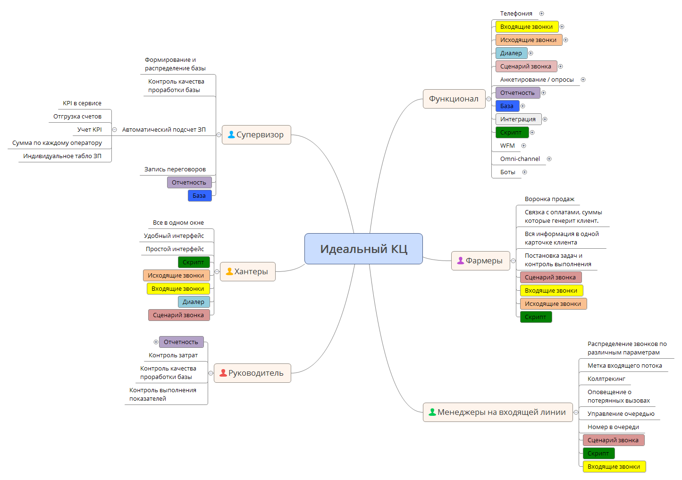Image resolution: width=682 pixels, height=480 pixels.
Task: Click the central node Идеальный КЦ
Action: pyautogui.click(x=363, y=249)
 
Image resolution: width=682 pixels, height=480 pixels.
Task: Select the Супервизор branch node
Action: pyautogui.click(x=256, y=135)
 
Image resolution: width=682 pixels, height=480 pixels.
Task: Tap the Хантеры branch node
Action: pyautogui.click(x=248, y=271)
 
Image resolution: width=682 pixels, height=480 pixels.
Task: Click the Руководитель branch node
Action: pyautogui.click(x=253, y=373)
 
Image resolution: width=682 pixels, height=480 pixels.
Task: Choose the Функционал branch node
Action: pyautogui.click(x=454, y=99)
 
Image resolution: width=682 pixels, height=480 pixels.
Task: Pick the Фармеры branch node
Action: pyautogui.click(x=480, y=261)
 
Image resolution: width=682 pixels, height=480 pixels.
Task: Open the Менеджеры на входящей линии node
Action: pyautogui.click(x=497, y=412)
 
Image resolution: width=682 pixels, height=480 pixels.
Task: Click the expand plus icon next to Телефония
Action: pyautogui.click(x=541, y=14)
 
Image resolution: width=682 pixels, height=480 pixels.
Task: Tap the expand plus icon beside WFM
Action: pyautogui.click(x=523, y=146)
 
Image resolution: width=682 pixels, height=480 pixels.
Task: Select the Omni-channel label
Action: pyautogui.click(x=520, y=159)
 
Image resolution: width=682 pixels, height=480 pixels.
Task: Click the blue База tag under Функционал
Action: pyautogui.click(x=507, y=106)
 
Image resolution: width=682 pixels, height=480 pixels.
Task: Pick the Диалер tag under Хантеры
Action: pyautogui.click(x=194, y=302)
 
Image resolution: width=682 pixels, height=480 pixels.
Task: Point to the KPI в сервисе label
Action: pyautogui.click(x=82, y=103)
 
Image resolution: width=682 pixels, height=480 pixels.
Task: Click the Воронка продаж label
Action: pyautogui.click(x=549, y=199)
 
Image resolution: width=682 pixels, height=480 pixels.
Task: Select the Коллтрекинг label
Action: pyautogui.click(x=606, y=379)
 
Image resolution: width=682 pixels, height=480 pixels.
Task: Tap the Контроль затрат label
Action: pyautogui.click(x=173, y=355)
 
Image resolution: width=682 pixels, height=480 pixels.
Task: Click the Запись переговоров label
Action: pyautogui.click(x=175, y=169)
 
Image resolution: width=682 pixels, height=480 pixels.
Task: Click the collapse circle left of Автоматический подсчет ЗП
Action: pyautogui.click(x=114, y=130)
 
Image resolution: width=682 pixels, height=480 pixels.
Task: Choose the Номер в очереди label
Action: pyautogui.click(x=613, y=427)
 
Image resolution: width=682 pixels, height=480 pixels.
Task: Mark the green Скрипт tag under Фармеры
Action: pyautogui.click(x=536, y=317)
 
